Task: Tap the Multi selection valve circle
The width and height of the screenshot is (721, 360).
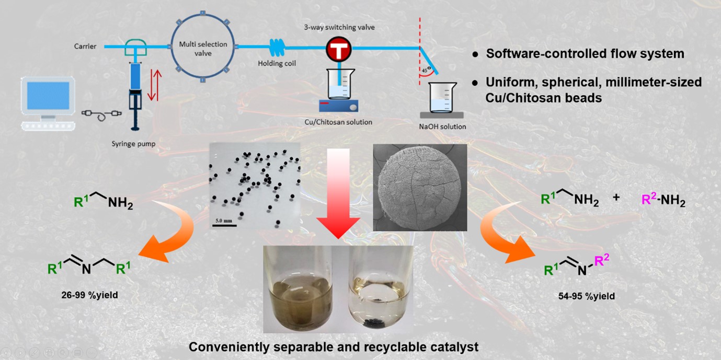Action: click(204, 49)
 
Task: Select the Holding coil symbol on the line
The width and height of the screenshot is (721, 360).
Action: click(279, 48)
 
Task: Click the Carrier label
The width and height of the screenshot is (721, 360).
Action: click(85, 47)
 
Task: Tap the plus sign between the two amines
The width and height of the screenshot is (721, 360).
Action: click(616, 198)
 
